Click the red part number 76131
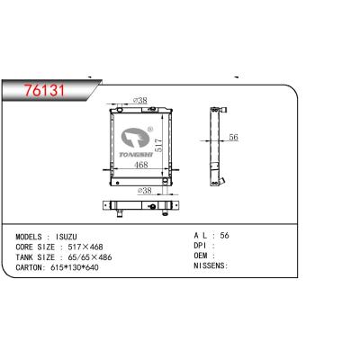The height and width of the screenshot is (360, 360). pyautogui.click(x=45, y=90)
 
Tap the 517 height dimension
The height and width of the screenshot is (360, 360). pyautogui.click(x=158, y=145)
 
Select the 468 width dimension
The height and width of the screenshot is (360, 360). pyautogui.click(x=141, y=165)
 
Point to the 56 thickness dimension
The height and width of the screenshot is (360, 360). pyautogui.click(x=233, y=137)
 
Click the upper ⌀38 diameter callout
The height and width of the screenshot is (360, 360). pyautogui.click(x=139, y=100)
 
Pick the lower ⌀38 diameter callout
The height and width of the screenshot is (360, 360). pyautogui.click(x=144, y=190)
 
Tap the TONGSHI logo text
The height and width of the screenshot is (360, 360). pyautogui.click(x=136, y=155)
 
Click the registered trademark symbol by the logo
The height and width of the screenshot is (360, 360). pyautogui.click(x=150, y=130)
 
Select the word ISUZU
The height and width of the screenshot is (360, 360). pyautogui.click(x=67, y=237)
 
